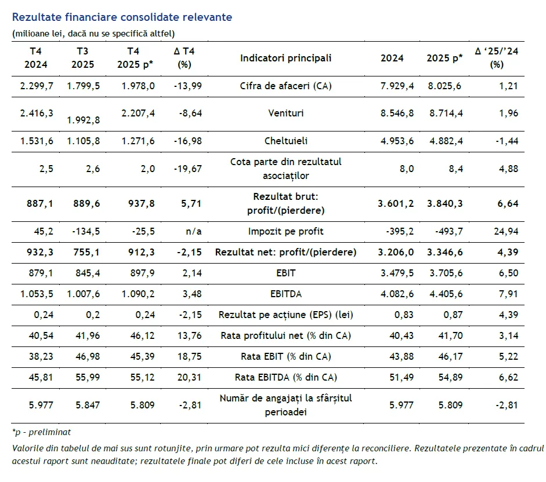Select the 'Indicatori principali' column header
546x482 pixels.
[x=285, y=58]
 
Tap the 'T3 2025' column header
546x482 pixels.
[x=82, y=58]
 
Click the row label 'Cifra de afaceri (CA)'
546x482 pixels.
[x=285, y=86]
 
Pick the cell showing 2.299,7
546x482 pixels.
[x=37, y=86]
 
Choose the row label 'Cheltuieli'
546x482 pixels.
[x=285, y=141]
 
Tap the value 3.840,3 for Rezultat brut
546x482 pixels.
[x=444, y=203]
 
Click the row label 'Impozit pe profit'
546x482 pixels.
[x=285, y=231]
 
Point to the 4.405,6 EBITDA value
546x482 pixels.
[x=444, y=294]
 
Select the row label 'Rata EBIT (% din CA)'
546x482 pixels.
[x=285, y=356]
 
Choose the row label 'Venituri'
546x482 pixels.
[x=285, y=114]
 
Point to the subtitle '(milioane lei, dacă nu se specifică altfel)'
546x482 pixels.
[x=93, y=33]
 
